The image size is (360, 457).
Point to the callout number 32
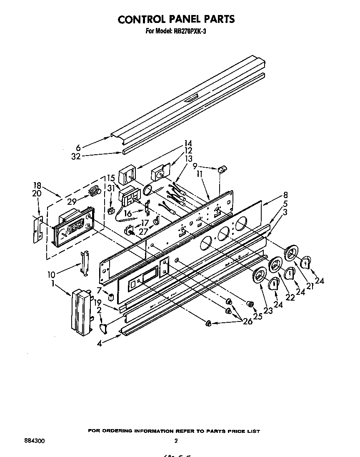coord(76,157)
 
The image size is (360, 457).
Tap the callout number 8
coord(285,194)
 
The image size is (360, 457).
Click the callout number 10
coord(51,274)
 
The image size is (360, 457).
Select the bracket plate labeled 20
coord(38,229)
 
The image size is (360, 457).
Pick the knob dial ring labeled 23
coord(259,276)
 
